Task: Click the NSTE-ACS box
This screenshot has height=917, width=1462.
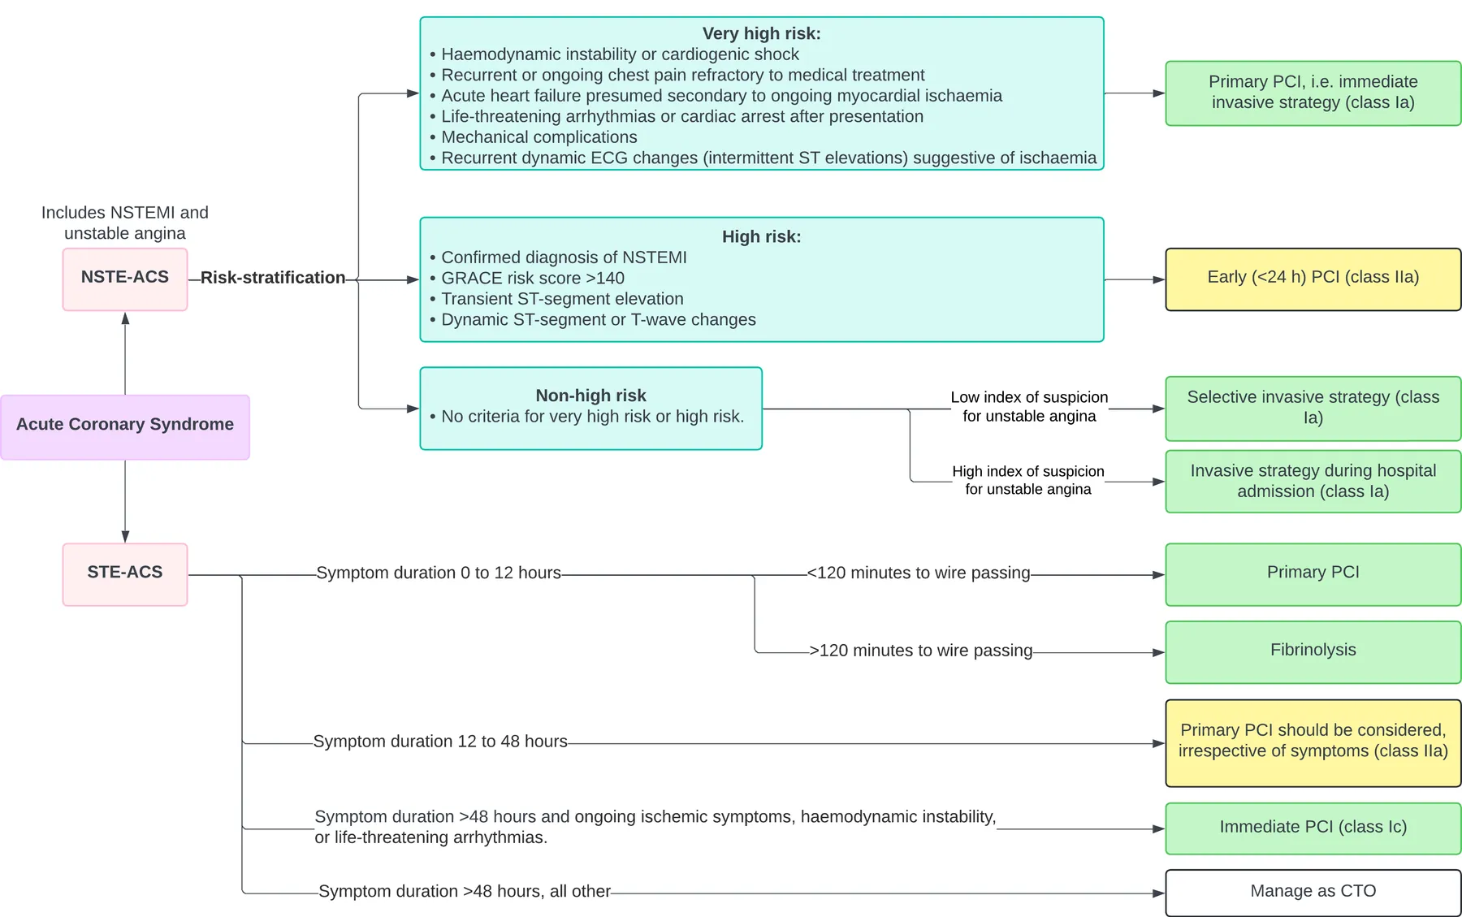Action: point(125,279)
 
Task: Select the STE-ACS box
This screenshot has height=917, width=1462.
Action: point(125,574)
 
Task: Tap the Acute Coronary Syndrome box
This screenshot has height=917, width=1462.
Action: point(125,427)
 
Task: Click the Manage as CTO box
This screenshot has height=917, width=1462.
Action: point(1313,893)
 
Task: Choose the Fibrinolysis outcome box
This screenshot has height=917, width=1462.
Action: point(1313,652)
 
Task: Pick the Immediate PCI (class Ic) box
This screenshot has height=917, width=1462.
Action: point(1313,828)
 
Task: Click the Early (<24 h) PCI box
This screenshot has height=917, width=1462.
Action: point(1313,279)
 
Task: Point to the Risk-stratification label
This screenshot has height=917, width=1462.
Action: point(273,278)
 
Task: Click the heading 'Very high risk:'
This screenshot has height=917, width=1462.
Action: point(762,33)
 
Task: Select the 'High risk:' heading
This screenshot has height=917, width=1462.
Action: point(762,236)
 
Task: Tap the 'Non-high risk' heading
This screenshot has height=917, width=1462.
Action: point(590,396)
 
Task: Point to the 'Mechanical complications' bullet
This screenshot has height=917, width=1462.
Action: point(534,137)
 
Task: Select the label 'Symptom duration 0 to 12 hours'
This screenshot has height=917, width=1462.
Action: point(439,573)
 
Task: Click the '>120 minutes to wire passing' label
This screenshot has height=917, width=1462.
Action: point(921,651)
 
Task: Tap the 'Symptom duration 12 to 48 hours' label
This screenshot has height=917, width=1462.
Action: point(440,742)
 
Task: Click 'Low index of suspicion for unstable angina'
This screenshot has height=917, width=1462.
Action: point(1029,406)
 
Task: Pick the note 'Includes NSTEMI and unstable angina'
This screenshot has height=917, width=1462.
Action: point(125,223)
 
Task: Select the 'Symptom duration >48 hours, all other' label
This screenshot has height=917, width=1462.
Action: point(465,891)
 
